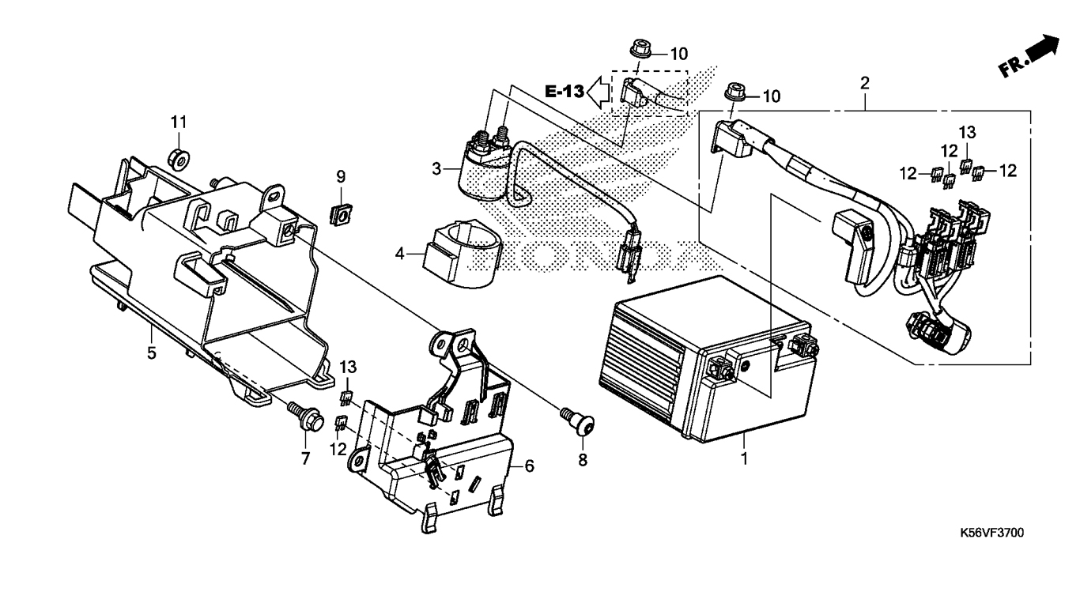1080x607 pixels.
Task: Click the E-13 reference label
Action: click(x=565, y=91)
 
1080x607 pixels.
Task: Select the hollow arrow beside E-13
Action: click(x=599, y=92)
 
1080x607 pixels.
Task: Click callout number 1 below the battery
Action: click(x=745, y=458)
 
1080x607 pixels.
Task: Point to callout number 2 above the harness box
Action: click(x=865, y=83)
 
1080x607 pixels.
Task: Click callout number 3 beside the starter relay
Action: click(x=436, y=169)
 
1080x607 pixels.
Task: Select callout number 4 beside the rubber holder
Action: click(x=400, y=253)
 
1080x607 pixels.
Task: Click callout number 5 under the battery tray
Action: click(x=152, y=353)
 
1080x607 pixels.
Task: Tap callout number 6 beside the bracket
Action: click(x=530, y=466)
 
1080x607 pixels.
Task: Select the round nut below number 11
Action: click(x=179, y=158)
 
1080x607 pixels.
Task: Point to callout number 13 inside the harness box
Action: click(x=968, y=132)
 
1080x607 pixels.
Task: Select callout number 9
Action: click(x=342, y=177)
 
